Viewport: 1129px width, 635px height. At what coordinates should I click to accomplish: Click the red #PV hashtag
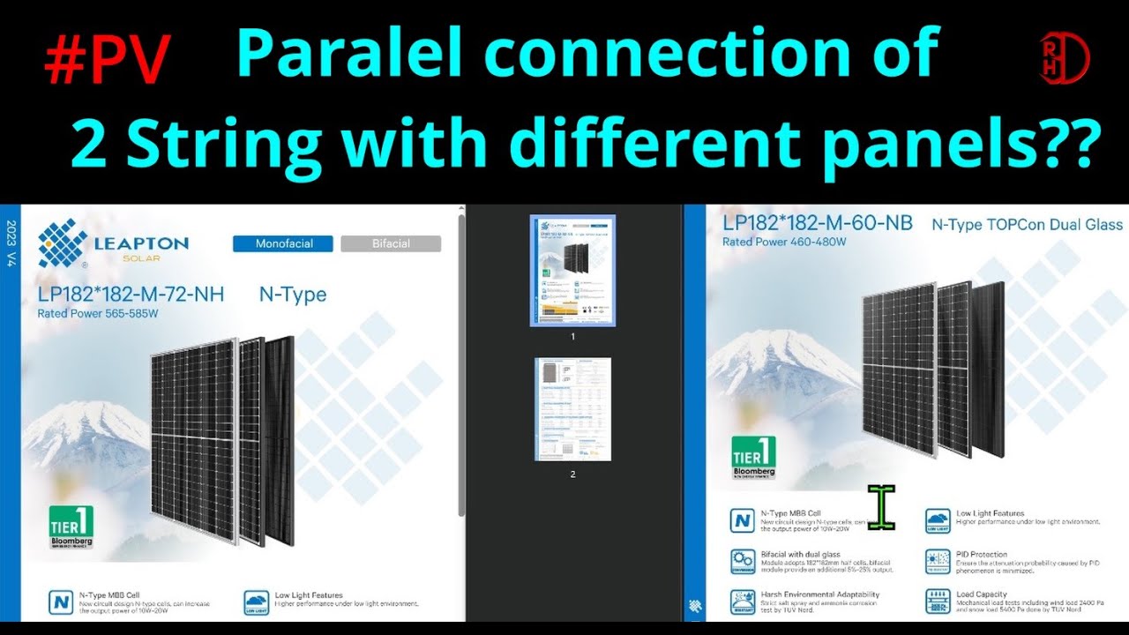click(x=107, y=62)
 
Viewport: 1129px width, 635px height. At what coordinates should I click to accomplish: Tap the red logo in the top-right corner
click(x=1065, y=59)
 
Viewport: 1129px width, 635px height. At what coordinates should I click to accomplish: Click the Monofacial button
click(x=283, y=243)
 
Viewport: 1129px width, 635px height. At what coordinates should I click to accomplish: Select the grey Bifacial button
click(x=391, y=243)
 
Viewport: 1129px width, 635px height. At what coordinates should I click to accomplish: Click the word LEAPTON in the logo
click(x=141, y=243)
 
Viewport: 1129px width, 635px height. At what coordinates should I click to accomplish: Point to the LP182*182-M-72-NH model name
click(x=131, y=295)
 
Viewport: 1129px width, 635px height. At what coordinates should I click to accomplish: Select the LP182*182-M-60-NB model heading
click(x=818, y=223)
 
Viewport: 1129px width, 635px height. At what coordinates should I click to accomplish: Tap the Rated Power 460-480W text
click(x=783, y=242)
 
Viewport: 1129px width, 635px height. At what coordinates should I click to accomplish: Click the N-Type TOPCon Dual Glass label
click(x=1028, y=225)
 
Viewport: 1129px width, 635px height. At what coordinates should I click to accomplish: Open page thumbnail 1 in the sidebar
click(x=572, y=271)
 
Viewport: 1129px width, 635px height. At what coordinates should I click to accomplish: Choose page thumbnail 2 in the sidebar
click(x=572, y=409)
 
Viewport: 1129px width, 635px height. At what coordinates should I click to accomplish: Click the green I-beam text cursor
click(x=881, y=508)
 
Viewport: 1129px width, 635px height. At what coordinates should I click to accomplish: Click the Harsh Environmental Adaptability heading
click(x=819, y=594)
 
